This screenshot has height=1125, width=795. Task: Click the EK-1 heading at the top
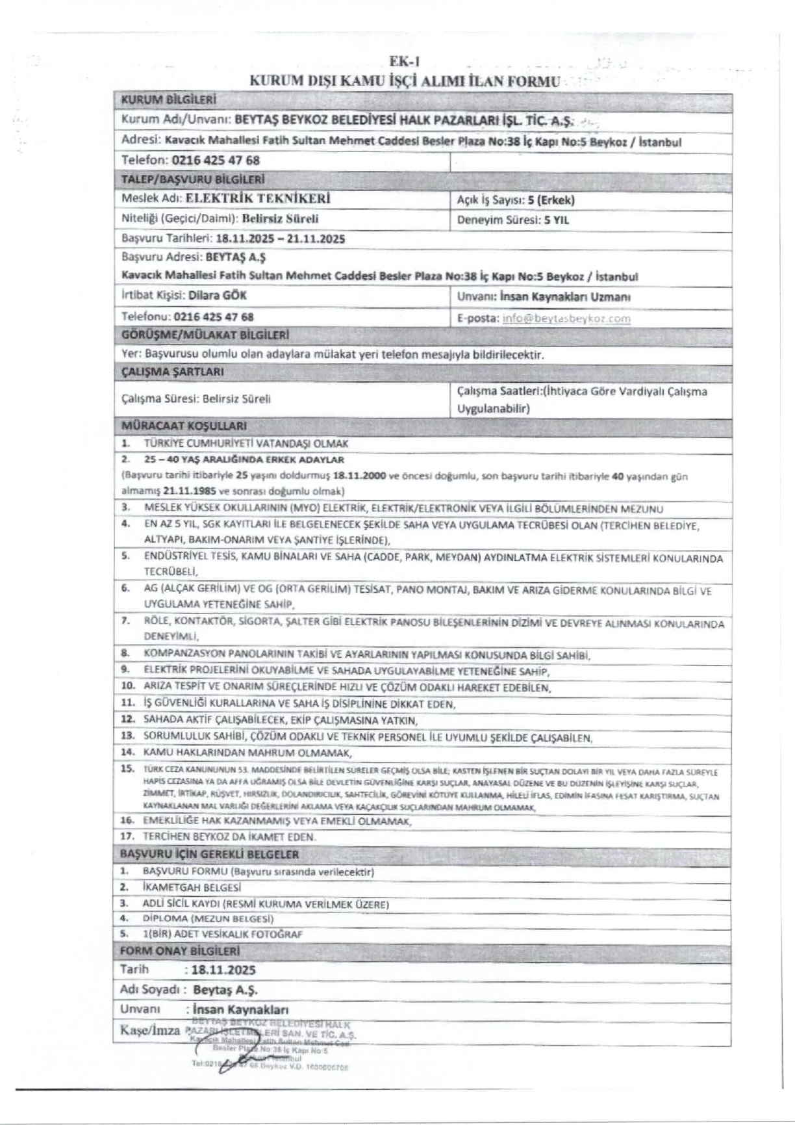[x=405, y=62]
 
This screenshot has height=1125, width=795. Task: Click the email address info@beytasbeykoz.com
[x=566, y=318]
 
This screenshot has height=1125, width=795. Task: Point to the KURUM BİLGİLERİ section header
[x=169, y=100]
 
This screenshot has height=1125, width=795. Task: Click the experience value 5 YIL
[x=557, y=220]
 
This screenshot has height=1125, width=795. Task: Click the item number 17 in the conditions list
[x=127, y=837]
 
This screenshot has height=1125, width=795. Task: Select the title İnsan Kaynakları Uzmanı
[x=561, y=297]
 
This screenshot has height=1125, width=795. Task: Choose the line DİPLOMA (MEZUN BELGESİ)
[x=208, y=919]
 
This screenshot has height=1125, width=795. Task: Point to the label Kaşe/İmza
[x=150, y=1031]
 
